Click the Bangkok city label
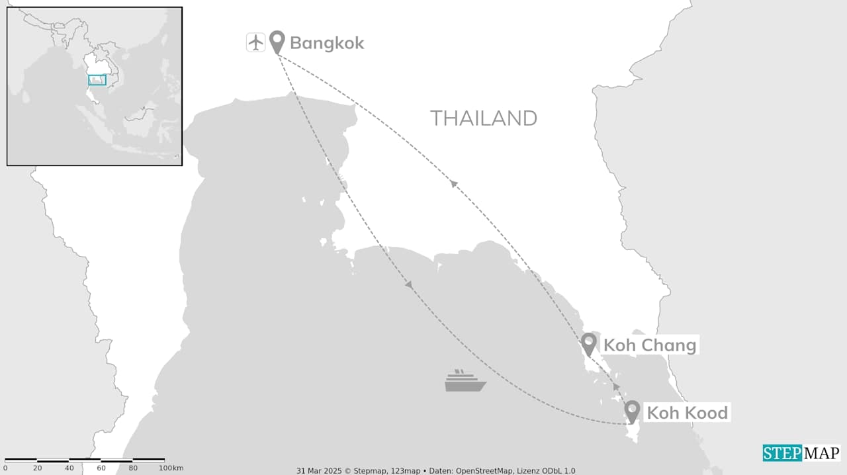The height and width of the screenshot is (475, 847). tap(327, 44)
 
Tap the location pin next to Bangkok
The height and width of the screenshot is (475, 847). tap(277, 42)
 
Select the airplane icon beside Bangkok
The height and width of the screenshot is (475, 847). tap(255, 42)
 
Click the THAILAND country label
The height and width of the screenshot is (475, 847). tap(484, 118)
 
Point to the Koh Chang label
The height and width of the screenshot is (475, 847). tap(649, 345)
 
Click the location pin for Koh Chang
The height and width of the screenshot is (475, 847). tap(588, 343)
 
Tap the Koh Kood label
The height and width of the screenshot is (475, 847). tap(687, 413)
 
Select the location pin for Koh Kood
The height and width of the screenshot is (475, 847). tap(632, 411)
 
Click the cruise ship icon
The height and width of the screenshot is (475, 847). tap(465, 381)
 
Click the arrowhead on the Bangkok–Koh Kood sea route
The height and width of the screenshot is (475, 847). tap(409, 285)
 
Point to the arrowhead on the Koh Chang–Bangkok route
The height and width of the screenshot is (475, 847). tap(454, 183)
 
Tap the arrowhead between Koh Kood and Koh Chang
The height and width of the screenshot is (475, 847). tap(616, 386)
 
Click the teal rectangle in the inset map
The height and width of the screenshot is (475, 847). tap(97, 80)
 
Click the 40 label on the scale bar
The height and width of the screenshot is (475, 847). tap(69, 468)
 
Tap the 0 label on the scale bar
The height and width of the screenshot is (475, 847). tap(5, 468)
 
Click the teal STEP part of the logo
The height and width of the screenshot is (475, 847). tap(782, 453)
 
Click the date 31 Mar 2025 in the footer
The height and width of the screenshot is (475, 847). tap(317, 471)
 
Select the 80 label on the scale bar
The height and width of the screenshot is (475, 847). tap(133, 468)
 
